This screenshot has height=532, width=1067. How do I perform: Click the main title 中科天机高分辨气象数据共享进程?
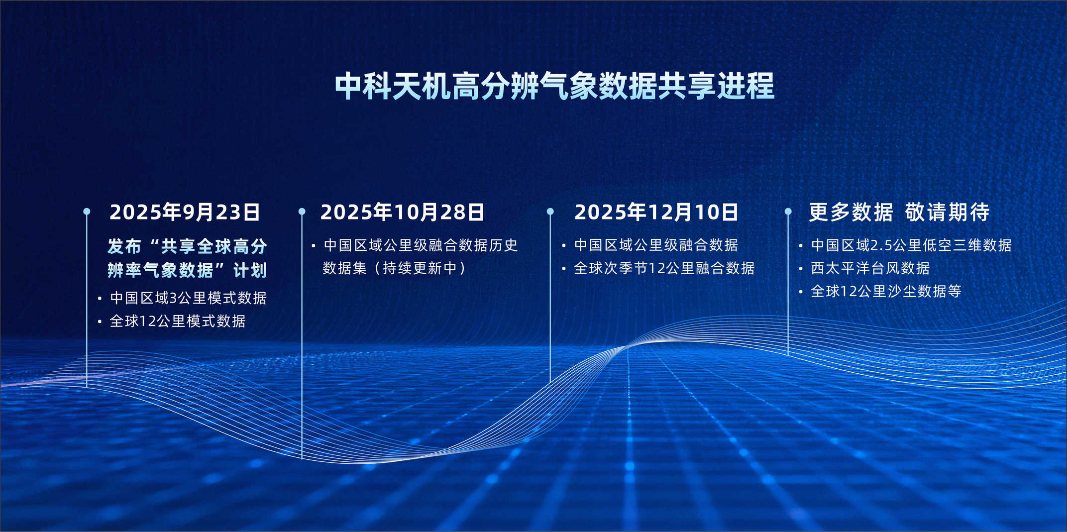[554, 86]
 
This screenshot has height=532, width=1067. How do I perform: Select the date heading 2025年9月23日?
[185, 212]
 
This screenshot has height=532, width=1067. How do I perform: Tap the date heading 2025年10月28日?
[402, 212]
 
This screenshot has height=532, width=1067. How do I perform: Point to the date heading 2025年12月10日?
[656, 212]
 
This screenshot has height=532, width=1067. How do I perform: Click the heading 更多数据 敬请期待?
[899, 212]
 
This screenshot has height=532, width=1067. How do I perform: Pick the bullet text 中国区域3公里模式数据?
[188, 298]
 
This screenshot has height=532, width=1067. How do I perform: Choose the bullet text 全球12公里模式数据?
[178, 321]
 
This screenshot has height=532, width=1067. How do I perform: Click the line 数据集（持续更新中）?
[394, 268]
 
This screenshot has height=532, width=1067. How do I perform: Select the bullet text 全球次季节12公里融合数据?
[664, 268]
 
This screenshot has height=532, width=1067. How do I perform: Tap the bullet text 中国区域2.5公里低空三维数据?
[911, 245]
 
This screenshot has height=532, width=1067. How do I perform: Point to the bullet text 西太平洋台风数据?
[870, 268]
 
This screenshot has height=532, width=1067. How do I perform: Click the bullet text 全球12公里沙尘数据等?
[886, 291]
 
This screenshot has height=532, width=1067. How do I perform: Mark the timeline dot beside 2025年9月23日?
[87, 212]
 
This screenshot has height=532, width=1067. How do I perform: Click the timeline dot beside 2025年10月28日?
[302, 212]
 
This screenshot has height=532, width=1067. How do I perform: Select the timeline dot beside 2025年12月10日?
[550, 212]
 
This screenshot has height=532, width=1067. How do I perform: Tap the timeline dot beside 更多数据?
[788, 212]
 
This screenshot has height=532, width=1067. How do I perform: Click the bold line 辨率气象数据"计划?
[187, 270]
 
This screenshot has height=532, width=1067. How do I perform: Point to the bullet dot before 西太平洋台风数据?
[800, 269]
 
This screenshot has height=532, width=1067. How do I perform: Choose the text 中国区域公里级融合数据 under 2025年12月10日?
[656, 245]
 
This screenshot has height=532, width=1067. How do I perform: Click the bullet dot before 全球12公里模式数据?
[100, 322]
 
